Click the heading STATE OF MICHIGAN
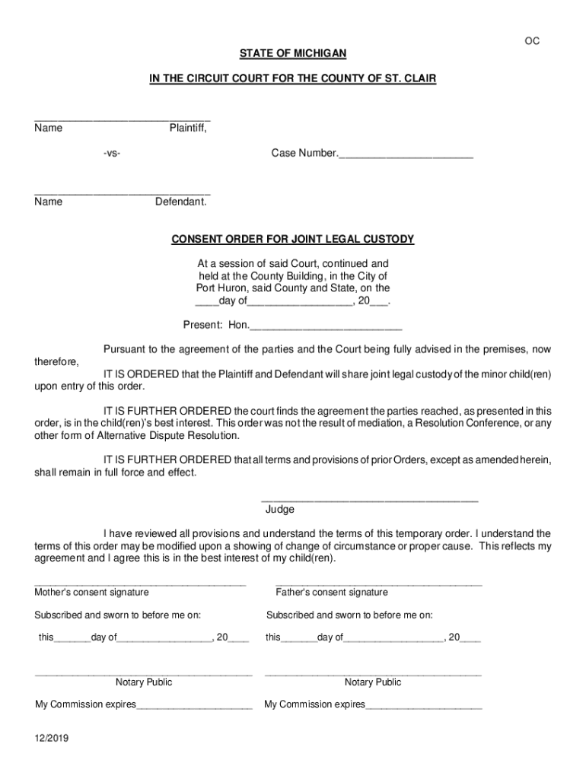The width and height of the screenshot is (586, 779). click(293, 53)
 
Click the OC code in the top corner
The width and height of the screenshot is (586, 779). click(532, 41)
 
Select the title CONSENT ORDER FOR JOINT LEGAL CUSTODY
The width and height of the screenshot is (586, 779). click(293, 239)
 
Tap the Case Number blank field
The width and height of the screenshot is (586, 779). click(406, 154)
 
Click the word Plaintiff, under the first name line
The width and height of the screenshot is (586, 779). click(187, 128)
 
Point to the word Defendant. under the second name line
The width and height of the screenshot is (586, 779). click(181, 202)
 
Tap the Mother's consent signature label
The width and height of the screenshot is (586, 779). click(91, 592)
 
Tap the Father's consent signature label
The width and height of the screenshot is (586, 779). click(332, 592)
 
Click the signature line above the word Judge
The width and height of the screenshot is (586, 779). click(370, 500)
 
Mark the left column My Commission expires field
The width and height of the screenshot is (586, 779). click(194, 705)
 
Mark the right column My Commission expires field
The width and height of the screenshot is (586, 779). click(423, 705)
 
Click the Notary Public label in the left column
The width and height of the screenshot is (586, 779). click(144, 682)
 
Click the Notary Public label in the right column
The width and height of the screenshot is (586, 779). click(373, 682)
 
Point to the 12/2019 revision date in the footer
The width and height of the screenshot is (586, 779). click(50, 739)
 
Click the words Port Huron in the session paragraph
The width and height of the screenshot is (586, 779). click(221, 288)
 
